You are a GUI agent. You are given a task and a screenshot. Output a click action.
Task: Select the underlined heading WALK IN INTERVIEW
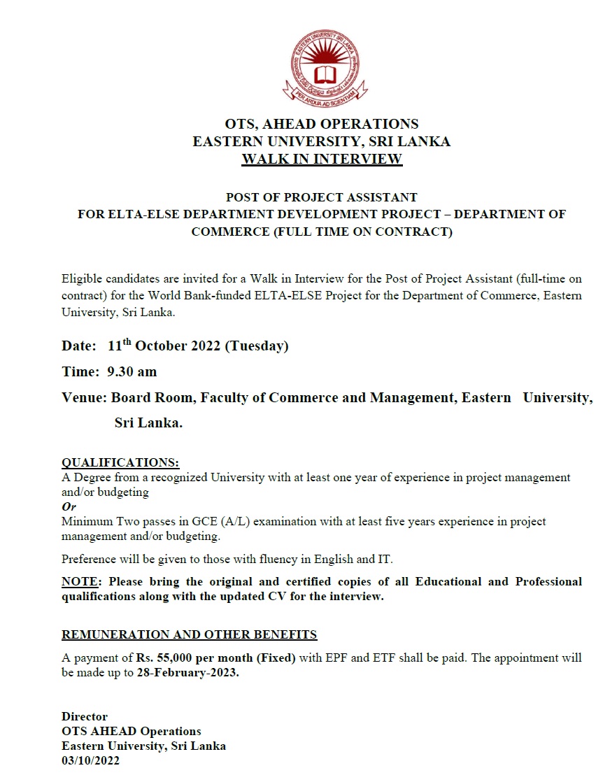pos(322,159)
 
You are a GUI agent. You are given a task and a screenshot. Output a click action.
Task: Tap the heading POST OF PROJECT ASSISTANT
pos(321,197)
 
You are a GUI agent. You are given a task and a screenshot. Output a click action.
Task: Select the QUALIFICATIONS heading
pos(120,463)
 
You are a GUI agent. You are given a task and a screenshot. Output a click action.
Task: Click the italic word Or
pos(69,506)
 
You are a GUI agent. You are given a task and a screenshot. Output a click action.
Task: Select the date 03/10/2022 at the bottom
pos(90,760)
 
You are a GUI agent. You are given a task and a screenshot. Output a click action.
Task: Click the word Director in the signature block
pos(85,716)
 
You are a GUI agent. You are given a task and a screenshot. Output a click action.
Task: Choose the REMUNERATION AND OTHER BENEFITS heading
pos(190,634)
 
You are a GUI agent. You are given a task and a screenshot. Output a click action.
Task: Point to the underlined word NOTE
pos(80,582)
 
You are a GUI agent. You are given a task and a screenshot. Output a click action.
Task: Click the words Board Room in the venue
pos(154,398)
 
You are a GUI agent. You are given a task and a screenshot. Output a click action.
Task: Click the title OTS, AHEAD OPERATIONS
pos(321,124)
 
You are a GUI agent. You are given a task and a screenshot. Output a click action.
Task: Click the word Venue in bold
pos(83,398)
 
